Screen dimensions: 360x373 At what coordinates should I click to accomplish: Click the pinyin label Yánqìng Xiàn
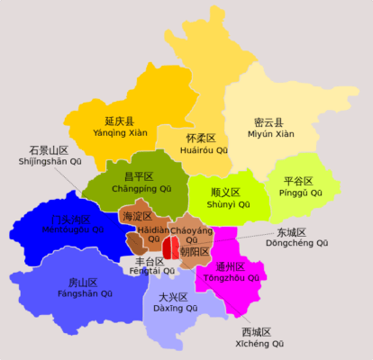point(119,133)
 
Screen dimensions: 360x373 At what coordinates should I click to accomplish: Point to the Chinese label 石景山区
point(49,150)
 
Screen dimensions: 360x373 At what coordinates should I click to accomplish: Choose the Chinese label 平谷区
point(297,181)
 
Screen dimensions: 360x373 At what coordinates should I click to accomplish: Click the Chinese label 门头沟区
point(71,220)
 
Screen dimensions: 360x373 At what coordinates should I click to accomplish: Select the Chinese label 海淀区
point(136,217)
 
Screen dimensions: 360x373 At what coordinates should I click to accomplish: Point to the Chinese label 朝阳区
point(194,252)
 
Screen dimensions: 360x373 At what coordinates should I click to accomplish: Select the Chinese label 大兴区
point(172,297)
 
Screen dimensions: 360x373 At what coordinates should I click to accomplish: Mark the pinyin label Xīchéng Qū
point(259,345)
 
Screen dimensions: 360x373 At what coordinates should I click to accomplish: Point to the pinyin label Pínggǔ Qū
point(298,193)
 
